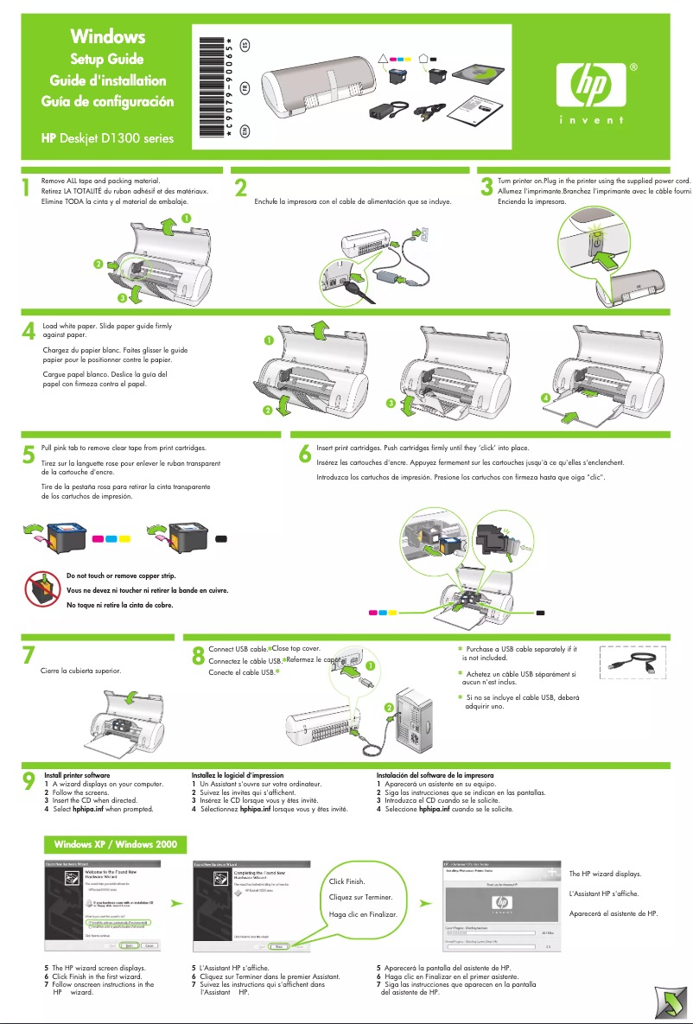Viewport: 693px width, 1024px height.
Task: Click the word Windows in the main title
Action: pos(108,36)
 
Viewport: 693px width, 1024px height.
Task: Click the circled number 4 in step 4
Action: pos(545,397)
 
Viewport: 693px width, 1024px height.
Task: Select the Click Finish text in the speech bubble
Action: pos(347,881)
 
